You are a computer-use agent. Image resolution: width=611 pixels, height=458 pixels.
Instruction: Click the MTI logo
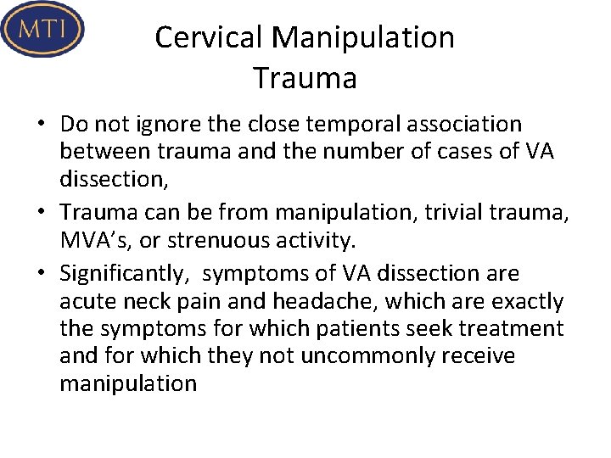43,29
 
